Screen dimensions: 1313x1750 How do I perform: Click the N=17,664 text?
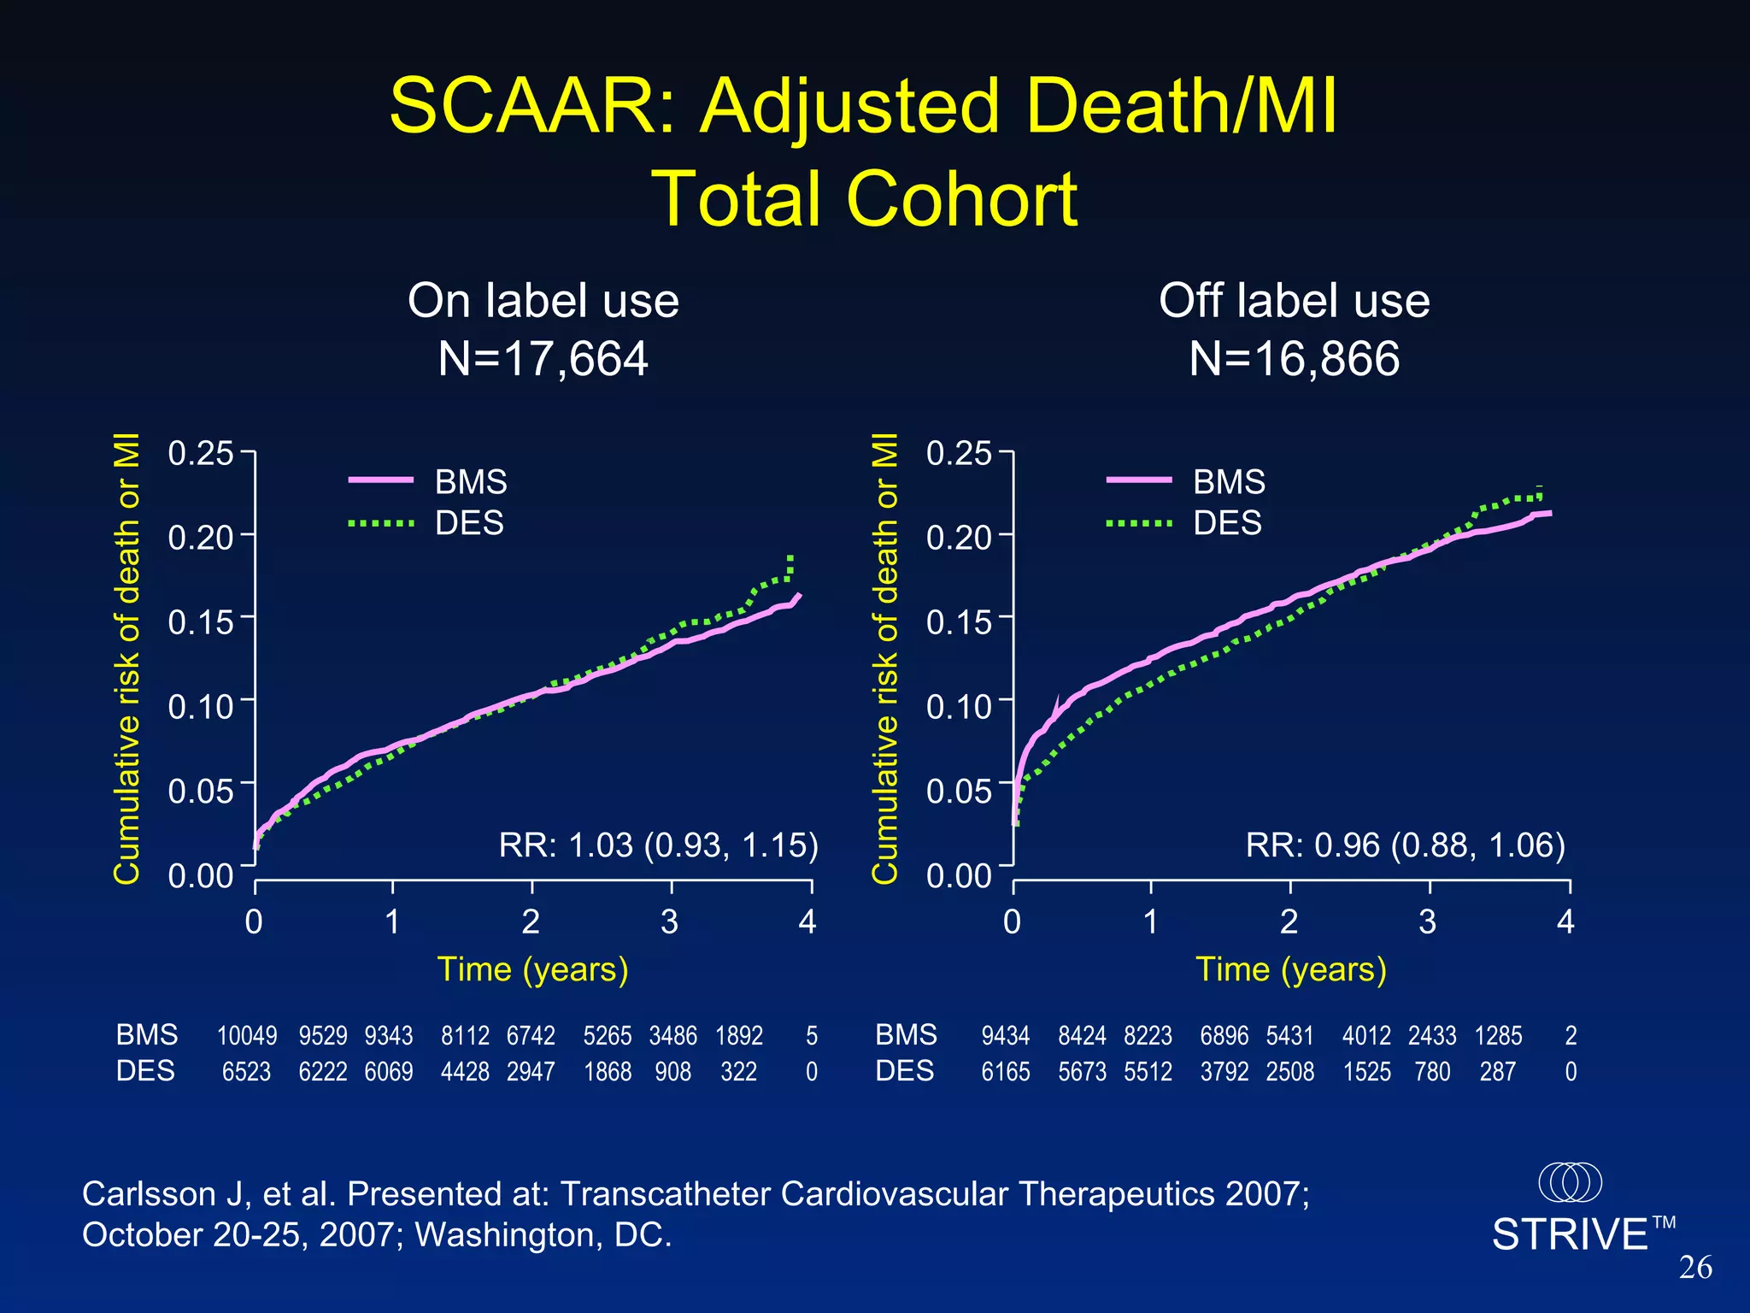543,358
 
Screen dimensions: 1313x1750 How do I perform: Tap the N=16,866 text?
1294,358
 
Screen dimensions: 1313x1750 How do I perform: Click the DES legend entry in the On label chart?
469,523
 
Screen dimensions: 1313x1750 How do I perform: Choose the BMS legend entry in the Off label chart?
1228,482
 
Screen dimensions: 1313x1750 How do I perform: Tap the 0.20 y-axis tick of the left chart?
200,538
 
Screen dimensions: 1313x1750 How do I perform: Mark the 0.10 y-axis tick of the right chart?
959,706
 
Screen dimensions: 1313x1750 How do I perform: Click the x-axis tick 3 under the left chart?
670,921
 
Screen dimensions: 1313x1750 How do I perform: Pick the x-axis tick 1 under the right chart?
1150,921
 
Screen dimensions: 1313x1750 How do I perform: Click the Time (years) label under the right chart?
1290,969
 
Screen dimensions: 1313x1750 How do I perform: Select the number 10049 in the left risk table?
246,1036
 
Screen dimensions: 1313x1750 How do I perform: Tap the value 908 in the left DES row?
672,1072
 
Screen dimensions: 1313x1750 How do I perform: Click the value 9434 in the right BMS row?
1005,1036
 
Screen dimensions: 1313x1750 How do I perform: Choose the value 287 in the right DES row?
1497,1072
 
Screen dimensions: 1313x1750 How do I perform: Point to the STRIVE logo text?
1570,1234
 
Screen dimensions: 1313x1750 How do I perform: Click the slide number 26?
1695,1267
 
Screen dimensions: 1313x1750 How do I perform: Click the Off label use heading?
1294,301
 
